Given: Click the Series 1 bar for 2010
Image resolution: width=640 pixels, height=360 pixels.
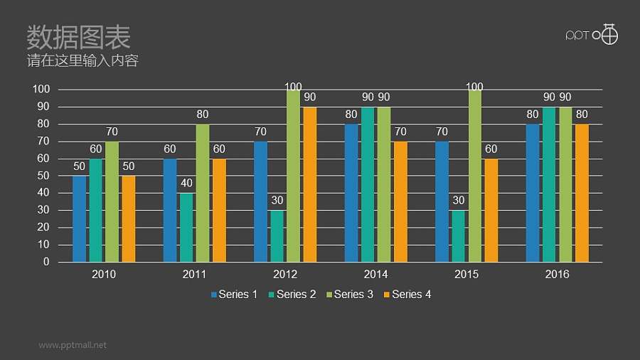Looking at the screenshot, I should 79,218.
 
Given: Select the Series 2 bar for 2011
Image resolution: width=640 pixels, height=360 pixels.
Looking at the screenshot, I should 186,227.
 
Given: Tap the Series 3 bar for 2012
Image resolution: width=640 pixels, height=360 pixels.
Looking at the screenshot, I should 293,176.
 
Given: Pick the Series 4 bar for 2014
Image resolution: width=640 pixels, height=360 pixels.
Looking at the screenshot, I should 400,201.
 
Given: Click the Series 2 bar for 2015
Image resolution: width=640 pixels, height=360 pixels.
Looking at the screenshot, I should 458,235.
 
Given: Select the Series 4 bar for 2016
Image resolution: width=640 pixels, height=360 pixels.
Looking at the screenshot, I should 582,193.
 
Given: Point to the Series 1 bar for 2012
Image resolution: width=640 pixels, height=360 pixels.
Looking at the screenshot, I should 260,201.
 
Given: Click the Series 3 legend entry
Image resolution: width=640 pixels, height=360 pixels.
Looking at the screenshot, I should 349,294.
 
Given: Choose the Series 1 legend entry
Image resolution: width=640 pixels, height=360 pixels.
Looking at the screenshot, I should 234,294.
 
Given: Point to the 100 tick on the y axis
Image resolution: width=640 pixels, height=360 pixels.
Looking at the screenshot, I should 41,89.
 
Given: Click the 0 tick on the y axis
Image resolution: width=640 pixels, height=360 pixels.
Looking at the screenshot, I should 46,262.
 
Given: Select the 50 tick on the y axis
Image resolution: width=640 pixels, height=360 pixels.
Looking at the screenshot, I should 43,176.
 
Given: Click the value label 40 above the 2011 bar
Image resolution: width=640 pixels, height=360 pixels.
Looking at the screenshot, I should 186,183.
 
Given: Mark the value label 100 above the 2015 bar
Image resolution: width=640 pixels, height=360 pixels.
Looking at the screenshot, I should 474,87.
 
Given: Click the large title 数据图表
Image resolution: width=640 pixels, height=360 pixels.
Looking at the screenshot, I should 78,36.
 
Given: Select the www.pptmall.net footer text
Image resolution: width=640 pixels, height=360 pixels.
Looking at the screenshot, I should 73,345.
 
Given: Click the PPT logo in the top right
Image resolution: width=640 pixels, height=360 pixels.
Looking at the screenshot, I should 591,34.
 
